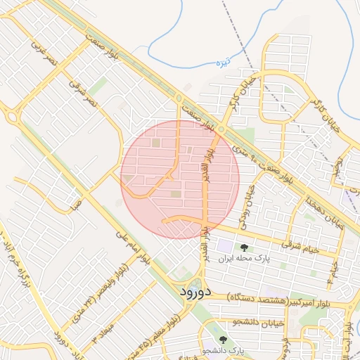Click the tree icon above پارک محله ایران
click(244, 247)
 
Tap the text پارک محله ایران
click(245, 258)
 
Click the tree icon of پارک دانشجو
click(224, 340)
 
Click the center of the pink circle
click(180, 179)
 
